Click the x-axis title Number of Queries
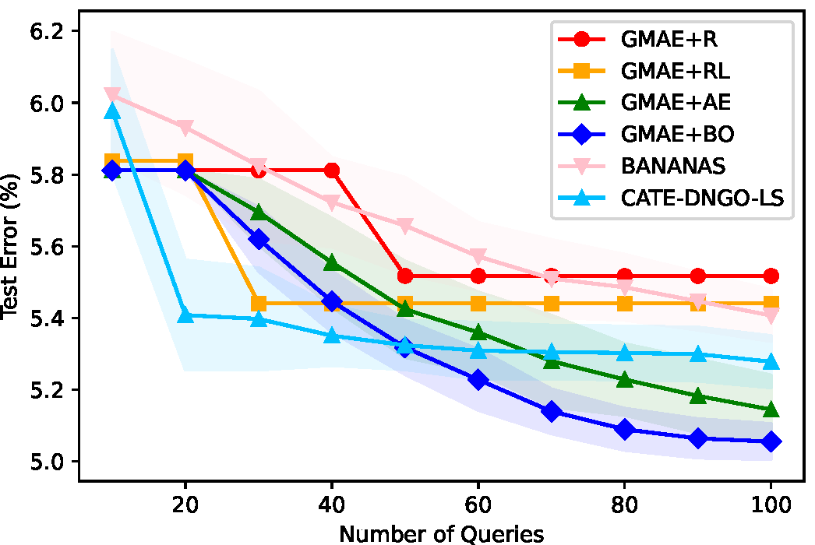442,533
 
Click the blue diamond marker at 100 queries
771,441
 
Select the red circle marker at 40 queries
332,170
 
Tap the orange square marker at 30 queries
259,303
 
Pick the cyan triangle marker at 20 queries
185,315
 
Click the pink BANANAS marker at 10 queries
112,95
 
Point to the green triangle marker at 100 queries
771,410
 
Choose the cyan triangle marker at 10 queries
112,111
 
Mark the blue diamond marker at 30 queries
259,239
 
